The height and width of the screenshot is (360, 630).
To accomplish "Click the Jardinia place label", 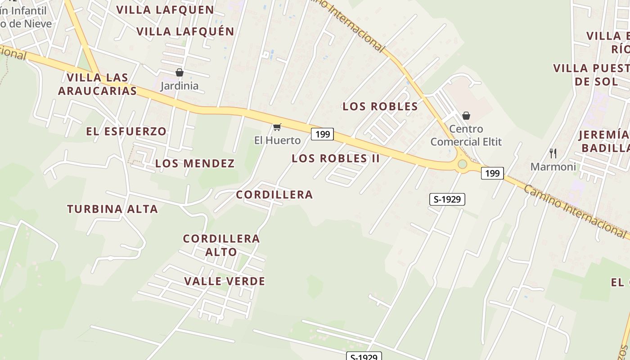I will (x=179, y=85).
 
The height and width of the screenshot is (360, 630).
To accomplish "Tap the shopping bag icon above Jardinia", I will (x=180, y=72).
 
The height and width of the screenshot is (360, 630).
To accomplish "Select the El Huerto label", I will (x=277, y=140).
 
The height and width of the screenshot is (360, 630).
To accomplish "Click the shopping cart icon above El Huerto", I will (x=277, y=127).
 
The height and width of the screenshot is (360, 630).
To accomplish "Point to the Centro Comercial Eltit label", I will (x=466, y=135).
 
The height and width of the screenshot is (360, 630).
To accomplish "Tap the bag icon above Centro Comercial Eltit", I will (x=466, y=116).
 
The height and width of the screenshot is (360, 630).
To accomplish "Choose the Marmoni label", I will (x=553, y=167).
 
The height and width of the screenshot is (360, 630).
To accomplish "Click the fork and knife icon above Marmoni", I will (x=553, y=153).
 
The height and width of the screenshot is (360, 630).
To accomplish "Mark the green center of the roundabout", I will (x=462, y=164).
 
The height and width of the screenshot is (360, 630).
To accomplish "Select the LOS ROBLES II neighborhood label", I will (x=336, y=158).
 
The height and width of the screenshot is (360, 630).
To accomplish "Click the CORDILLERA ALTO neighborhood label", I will (x=221, y=245).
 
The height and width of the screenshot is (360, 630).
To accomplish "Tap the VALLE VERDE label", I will (x=225, y=281).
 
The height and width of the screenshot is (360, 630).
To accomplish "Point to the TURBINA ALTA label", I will (x=112, y=209).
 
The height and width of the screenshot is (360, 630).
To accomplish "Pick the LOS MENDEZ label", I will (x=195, y=163).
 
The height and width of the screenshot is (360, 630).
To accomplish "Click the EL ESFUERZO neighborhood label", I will (x=126, y=131).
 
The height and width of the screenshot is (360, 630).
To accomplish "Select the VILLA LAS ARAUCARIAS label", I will (x=97, y=84).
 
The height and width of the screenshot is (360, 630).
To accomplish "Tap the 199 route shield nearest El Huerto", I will (x=322, y=134).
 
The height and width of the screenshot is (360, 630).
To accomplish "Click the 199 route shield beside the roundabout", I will (x=492, y=173).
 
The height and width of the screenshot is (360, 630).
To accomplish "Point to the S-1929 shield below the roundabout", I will (x=447, y=199).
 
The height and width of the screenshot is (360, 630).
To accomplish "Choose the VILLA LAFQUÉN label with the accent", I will (x=185, y=31).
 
